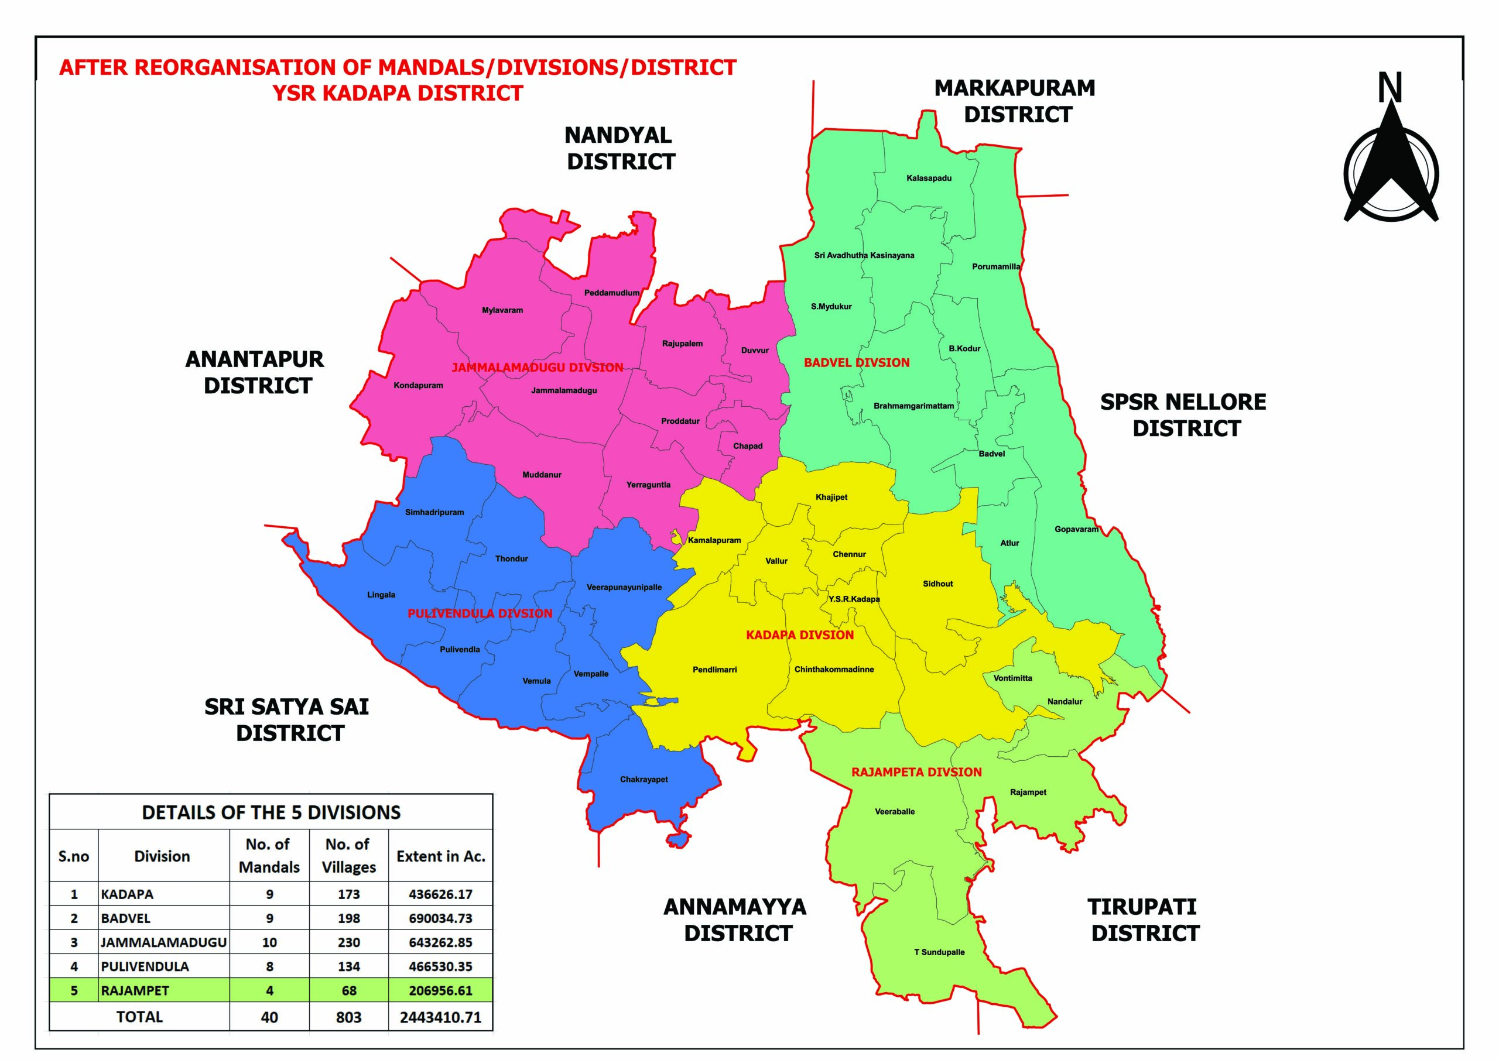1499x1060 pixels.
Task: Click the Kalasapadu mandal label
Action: pyautogui.click(x=929, y=178)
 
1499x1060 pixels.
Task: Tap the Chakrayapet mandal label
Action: pyautogui.click(x=643, y=779)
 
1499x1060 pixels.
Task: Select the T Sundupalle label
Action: pyautogui.click(x=939, y=952)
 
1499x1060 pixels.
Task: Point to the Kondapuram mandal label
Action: pyautogui.click(x=418, y=386)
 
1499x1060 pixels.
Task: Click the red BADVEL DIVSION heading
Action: pyautogui.click(x=856, y=363)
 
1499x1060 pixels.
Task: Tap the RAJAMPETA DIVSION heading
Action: pyautogui.click(x=916, y=772)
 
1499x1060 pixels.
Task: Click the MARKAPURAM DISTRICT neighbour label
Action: pyautogui.click(x=1015, y=101)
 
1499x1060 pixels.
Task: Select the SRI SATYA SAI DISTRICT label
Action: pyautogui.click(x=288, y=720)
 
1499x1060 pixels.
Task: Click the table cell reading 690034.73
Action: pyautogui.click(x=440, y=918)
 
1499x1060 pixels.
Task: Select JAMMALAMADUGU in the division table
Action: pyautogui.click(x=163, y=942)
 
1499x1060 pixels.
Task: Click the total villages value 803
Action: pyautogui.click(x=348, y=1017)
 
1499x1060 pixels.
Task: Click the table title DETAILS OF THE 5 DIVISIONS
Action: pyautogui.click(x=271, y=812)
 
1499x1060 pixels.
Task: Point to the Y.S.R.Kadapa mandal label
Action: pyautogui.click(x=853, y=599)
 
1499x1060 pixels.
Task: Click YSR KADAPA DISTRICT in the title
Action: pyautogui.click(x=398, y=93)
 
